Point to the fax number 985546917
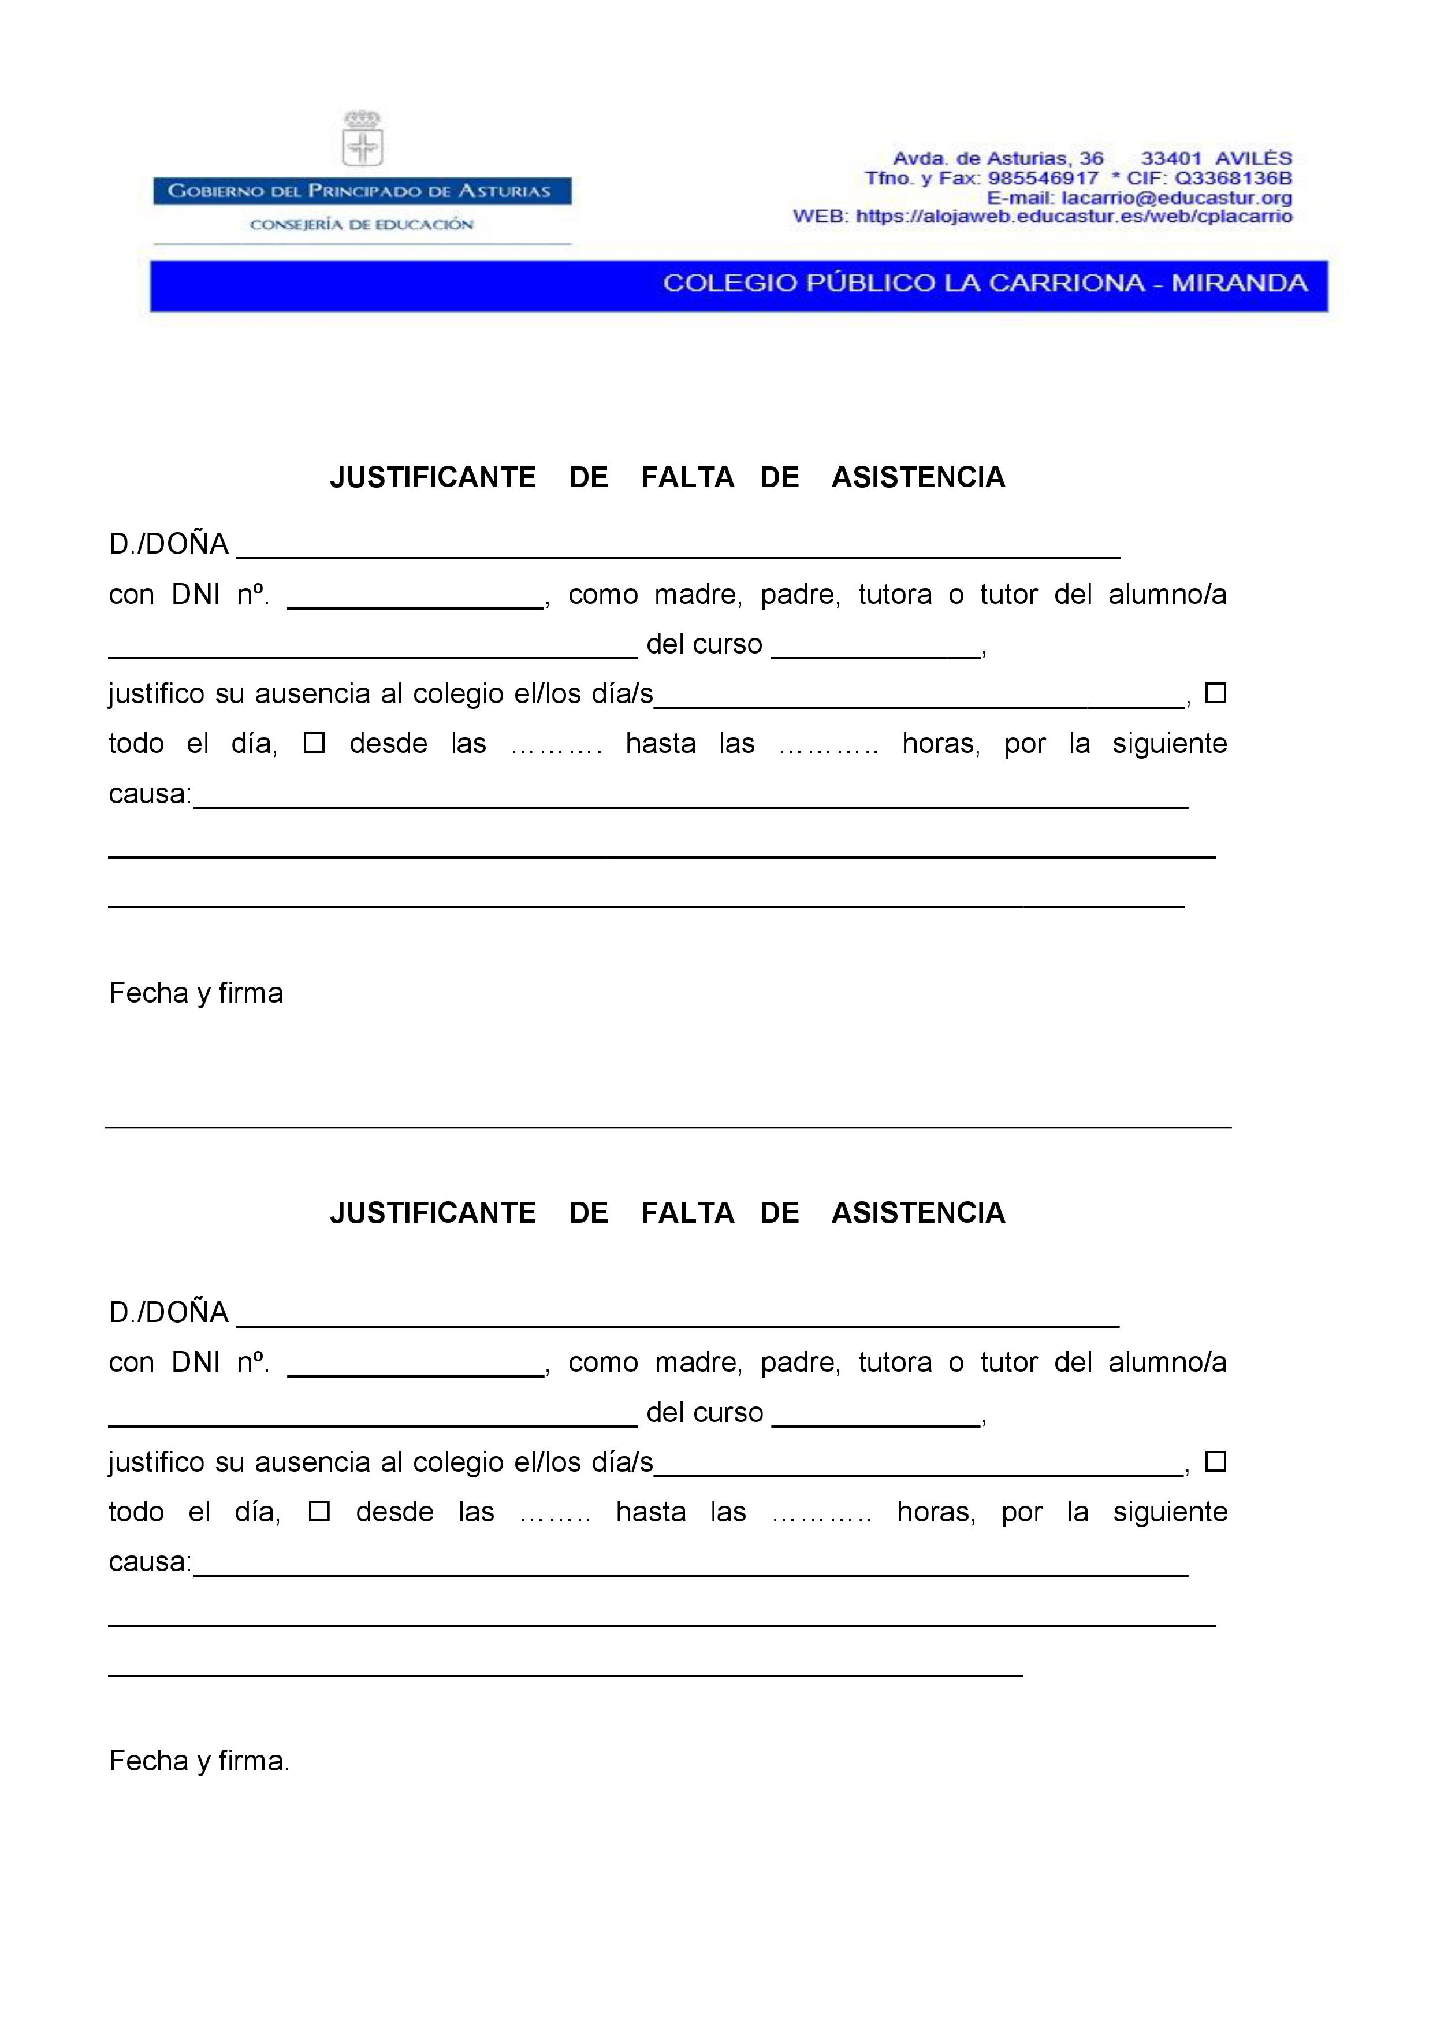(x=1043, y=179)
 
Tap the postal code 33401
(x=1171, y=159)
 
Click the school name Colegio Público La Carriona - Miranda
(x=985, y=283)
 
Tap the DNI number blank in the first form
(x=416, y=597)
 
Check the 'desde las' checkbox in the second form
(x=319, y=1512)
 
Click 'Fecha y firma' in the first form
(x=196, y=993)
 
